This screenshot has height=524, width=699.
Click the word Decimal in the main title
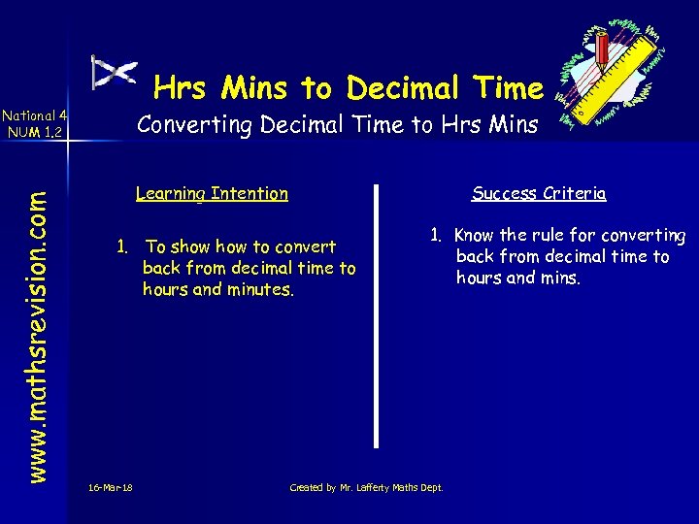click(401, 88)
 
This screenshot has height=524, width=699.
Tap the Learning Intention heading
click(212, 193)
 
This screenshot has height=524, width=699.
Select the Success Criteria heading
click(539, 193)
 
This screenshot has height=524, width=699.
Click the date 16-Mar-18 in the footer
click(110, 487)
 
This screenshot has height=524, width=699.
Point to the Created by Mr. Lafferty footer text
click(366, 487)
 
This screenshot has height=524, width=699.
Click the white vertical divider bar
click(378, 315)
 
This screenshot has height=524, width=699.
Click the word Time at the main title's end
click(511, 88)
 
